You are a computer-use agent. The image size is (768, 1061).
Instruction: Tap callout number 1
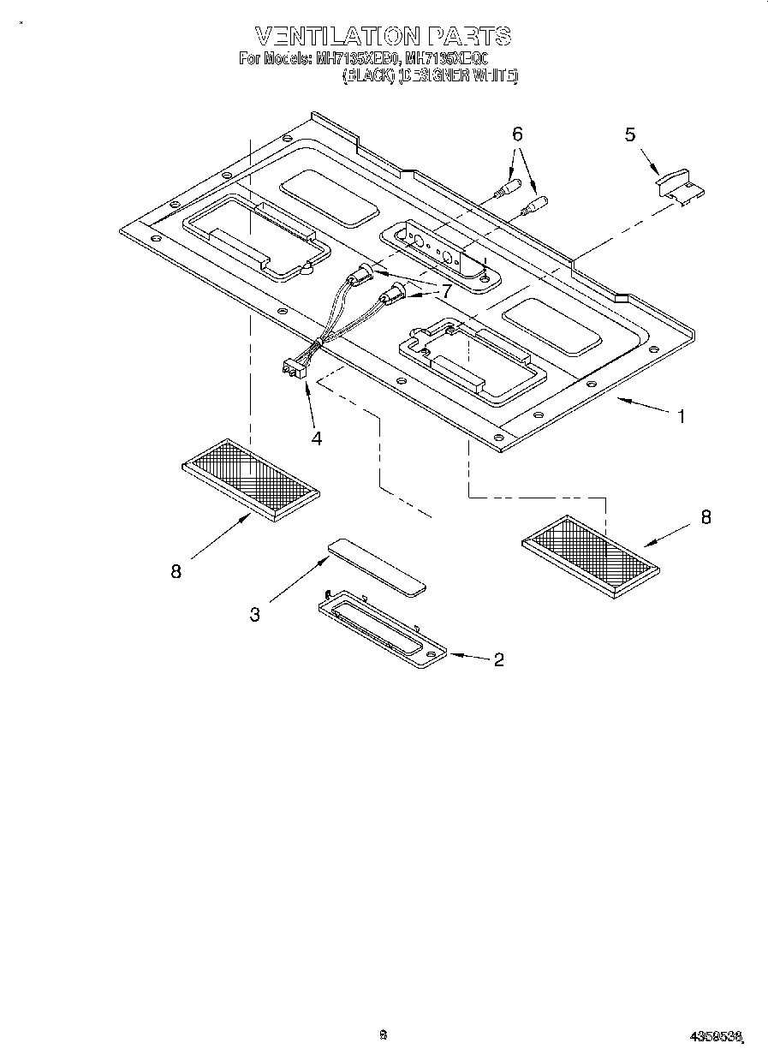tap(682, 417)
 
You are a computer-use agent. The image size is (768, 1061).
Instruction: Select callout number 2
tap(497, 659)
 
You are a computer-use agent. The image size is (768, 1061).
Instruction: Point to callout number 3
tap(255, 614)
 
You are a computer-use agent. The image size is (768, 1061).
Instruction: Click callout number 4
tap(317, 438)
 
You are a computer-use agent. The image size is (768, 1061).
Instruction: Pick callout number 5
tap(630, 134)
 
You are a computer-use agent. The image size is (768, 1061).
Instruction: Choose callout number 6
tap(517, 134)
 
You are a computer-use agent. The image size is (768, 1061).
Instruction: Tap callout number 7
tap(445, 291)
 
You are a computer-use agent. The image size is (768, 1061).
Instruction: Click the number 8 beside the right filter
tap(705, 517)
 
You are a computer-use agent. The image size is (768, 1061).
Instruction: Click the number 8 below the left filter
tap(176, 572)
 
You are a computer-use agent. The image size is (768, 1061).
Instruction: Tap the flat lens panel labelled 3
tap(377, 566)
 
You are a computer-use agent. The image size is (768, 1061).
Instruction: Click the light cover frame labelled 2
tap(382, 632)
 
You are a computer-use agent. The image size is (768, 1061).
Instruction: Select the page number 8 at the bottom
tap(383, 1034)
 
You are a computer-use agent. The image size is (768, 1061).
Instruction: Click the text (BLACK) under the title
tap(369, 75)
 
